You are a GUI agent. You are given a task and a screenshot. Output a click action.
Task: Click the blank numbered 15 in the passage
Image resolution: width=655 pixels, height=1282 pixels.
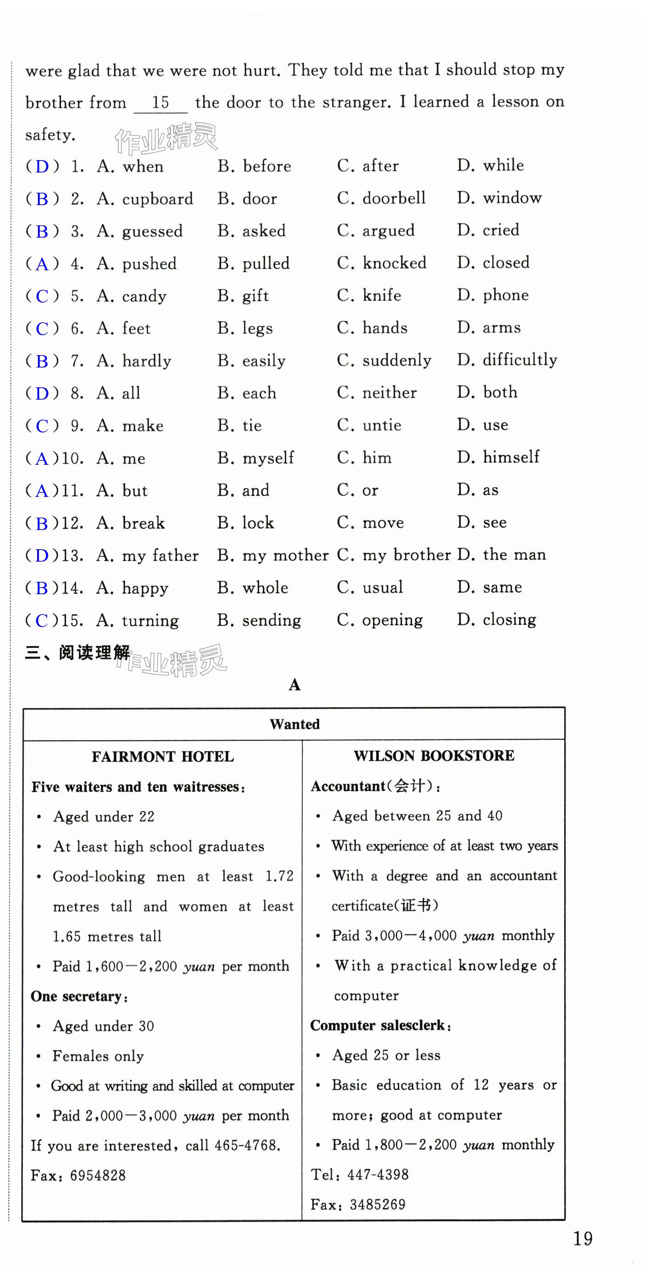coord(160,103)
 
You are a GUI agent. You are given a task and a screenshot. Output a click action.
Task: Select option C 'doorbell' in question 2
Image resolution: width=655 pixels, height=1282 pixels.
coord(381,198)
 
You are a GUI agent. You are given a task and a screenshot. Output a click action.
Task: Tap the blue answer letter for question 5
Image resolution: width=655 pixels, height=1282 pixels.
coord(42,296)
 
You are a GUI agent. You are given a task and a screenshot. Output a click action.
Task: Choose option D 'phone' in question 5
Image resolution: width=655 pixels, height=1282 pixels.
coord(492,295)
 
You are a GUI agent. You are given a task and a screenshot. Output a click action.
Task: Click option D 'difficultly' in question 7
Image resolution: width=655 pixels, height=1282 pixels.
coord(507,360)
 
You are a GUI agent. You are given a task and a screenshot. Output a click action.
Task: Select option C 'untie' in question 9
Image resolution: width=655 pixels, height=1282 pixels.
coord(368,425)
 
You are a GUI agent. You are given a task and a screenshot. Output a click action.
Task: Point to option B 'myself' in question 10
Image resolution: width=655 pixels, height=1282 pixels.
coord(255,458)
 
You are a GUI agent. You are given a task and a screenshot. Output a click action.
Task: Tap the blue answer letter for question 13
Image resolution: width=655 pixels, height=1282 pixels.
coord(42,555)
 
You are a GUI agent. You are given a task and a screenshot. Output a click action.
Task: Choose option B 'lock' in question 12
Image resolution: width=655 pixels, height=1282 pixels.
coord(245,523)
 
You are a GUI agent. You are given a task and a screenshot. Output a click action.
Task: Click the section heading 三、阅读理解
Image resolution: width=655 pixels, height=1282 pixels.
coord(78,652)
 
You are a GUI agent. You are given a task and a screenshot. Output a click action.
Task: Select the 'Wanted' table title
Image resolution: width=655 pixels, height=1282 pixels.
coord(294,724)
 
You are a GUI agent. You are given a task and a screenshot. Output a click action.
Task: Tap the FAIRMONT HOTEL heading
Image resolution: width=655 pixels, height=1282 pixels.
coord(163,757)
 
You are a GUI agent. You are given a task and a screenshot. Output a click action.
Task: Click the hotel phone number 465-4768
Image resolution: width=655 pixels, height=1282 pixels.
coord(247,1146)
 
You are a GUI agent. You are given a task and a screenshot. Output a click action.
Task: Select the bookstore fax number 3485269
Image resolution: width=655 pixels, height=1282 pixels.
coord(377,1205)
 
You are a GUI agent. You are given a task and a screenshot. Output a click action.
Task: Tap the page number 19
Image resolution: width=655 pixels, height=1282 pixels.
coord(583,1239)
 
